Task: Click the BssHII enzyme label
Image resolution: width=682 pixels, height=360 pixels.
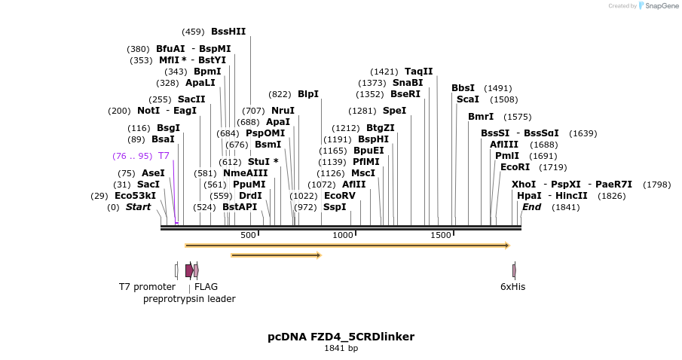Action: [x=228, y=32]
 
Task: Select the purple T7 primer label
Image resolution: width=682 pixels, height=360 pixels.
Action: [x=164, y=156]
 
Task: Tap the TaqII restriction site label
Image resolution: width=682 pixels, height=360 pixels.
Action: [x=418, y=72]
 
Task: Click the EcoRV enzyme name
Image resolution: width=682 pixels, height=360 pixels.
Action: [x=339, y=196]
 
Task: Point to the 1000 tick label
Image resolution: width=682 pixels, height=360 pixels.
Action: [x=343, y=235]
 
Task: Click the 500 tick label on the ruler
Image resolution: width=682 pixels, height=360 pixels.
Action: [x=248, y=235]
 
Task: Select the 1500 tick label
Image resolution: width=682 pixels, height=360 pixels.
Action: [x=440, y=235]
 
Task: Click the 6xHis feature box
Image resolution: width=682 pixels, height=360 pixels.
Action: [x=514, y=270]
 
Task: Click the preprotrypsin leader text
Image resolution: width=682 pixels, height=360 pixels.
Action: [x=189, y=299]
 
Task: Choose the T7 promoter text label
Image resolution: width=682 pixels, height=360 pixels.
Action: [x=147, y=287]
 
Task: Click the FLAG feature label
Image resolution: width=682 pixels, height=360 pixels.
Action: [x=206, y=287]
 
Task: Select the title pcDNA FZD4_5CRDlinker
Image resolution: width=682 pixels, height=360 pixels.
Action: [x=341, y=337]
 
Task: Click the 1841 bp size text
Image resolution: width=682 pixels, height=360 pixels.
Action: [x=341, y=349]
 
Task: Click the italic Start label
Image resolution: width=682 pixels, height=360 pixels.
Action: [x=138, y=207]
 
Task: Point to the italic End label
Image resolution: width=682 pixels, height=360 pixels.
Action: [x=531, y=207]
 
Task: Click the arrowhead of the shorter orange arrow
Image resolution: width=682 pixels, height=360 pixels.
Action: [x=319, y=255]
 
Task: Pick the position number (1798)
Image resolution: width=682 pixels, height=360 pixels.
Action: [x=656, y=185]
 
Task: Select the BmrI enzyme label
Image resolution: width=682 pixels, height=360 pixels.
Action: [x=480, y=117]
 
